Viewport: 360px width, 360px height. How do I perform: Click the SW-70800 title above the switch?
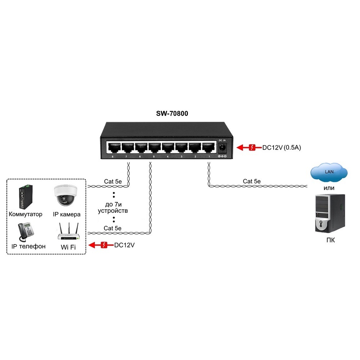[172, 113]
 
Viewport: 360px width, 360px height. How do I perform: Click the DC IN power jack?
[222, 147]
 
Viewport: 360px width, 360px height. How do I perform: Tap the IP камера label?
[67, 214]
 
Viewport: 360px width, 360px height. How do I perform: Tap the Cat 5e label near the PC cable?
[252, 181]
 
